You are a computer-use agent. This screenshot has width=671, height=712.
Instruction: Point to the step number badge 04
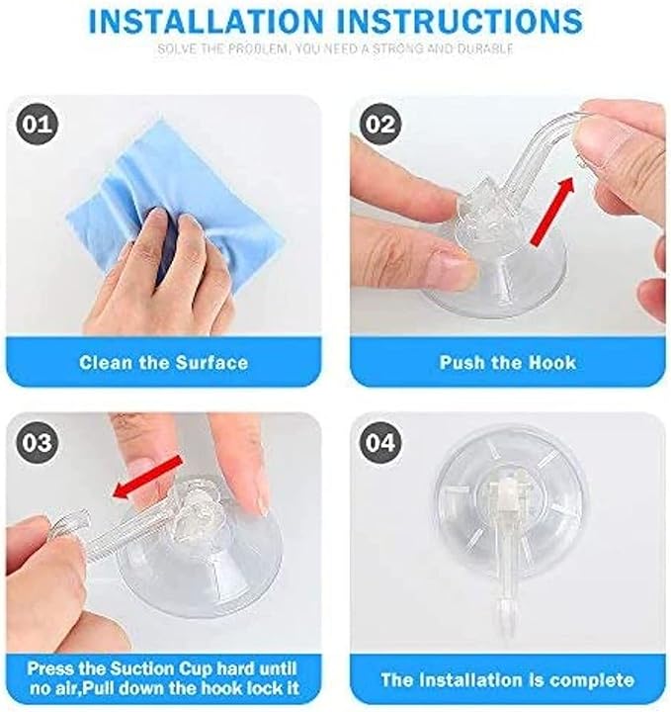pos(379,443)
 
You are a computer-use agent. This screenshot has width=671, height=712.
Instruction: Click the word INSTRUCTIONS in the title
pos(468,21)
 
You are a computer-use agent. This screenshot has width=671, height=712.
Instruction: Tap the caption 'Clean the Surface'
pos(163,363)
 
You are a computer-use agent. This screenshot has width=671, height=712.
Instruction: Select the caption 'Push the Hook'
pos(507,363)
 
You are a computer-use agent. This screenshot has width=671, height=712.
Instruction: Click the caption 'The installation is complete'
pos(507,679)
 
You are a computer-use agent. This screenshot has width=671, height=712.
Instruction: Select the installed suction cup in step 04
pos(506,514)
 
